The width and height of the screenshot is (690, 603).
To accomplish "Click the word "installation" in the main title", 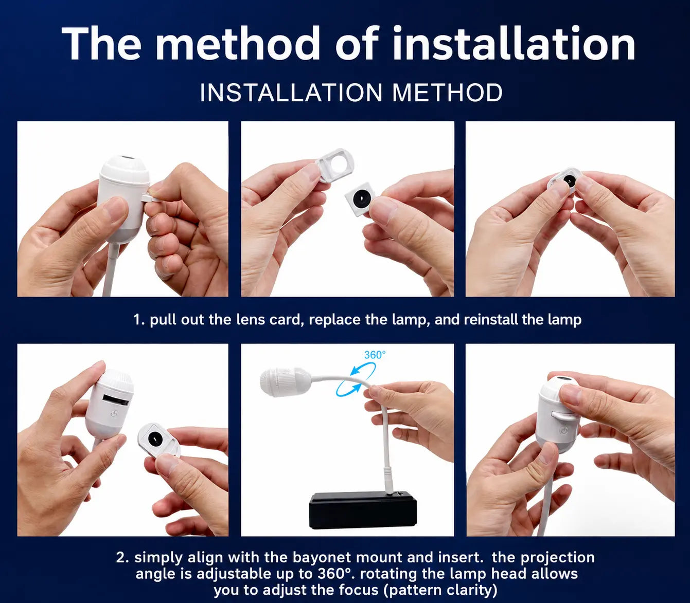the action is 514,44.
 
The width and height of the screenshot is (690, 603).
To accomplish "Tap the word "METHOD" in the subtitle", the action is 447,93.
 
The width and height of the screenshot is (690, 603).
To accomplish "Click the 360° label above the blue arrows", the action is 375,355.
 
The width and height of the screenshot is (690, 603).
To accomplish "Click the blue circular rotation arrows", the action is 356,379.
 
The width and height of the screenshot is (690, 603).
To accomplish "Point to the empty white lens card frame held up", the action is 334,165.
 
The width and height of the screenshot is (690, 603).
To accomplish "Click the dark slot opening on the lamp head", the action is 116,399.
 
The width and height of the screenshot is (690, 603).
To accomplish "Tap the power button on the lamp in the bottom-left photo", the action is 114,414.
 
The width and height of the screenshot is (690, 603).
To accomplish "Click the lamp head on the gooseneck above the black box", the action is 285,381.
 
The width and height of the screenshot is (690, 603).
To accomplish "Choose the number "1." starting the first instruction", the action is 139,320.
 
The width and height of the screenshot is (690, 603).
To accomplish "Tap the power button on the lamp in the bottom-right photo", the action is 563,430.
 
